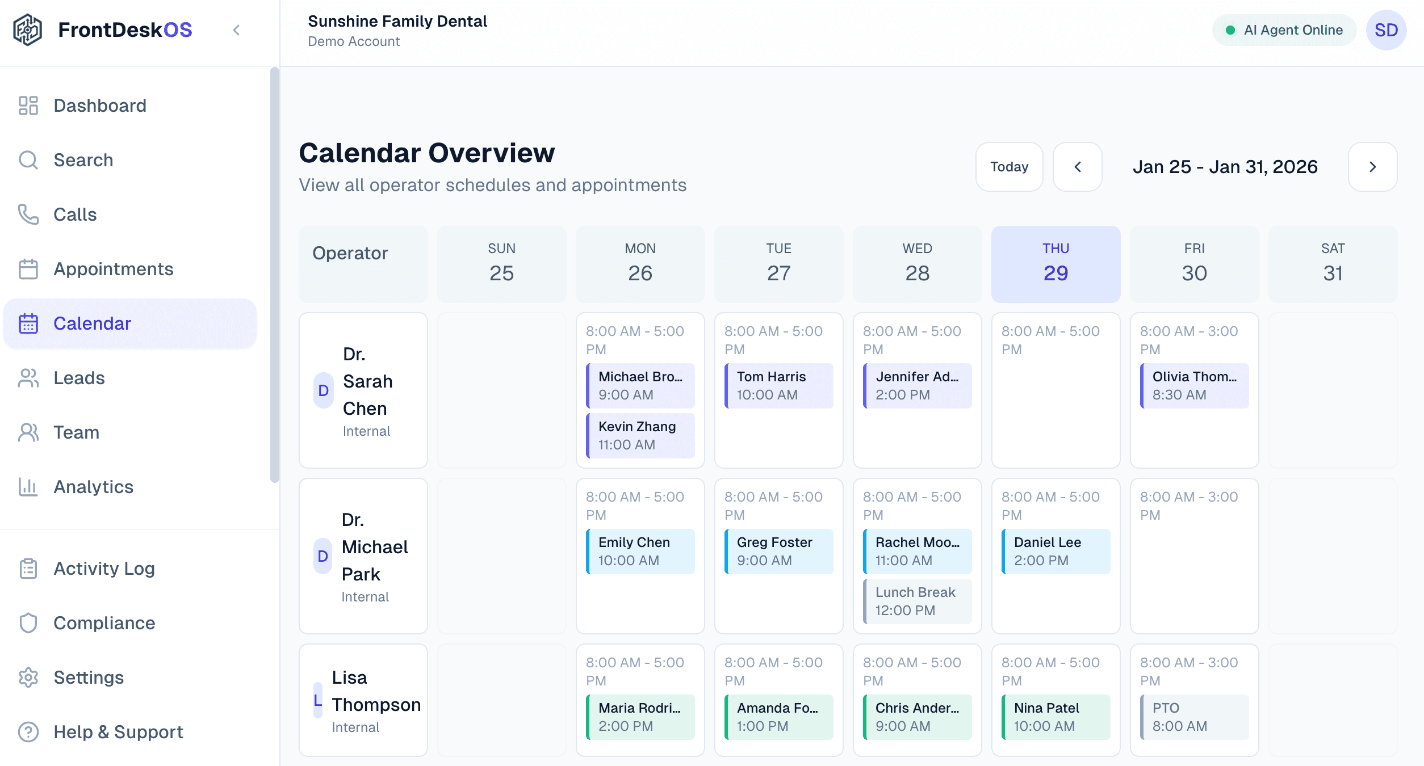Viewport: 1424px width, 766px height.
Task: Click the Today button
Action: click(x=1009, y=167)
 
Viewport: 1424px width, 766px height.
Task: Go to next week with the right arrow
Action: click(x=1372, y=167)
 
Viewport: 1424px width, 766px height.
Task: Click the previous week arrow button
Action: click(x=1077, y=167)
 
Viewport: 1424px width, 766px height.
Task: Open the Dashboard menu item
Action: click(x=100, y=106)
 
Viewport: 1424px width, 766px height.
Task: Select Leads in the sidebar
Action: click(x=79, y=378)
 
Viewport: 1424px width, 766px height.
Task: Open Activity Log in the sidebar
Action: click(x=104, y=569)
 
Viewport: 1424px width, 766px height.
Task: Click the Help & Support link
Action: click(x=118, y=732)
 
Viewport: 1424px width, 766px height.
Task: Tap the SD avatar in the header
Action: click(x=1386, y=30)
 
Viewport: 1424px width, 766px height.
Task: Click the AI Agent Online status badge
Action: click(x=1284, y=30)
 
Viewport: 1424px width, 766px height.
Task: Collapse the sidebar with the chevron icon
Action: click(x=237, y=30)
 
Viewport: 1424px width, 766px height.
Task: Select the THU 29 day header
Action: click(x=1056, y=264)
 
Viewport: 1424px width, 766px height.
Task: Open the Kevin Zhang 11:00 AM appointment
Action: click(x=640, y=436)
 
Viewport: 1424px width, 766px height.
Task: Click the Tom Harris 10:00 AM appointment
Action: click(x=779, y=386)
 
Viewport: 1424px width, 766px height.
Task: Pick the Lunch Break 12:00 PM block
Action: click(x=918, y=601)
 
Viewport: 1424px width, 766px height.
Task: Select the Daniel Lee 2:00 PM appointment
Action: click(x=1056, y=552)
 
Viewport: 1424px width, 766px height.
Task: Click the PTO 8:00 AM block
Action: click(x=1195, y=717)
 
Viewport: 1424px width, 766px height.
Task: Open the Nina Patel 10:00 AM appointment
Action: click(x=1056, y=717)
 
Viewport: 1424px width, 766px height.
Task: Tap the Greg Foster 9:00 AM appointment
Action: click(x=779, y=552)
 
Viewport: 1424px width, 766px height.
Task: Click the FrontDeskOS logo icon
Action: click(x=28, y=30)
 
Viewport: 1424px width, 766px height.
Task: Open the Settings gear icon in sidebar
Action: click(x=28, y=677)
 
